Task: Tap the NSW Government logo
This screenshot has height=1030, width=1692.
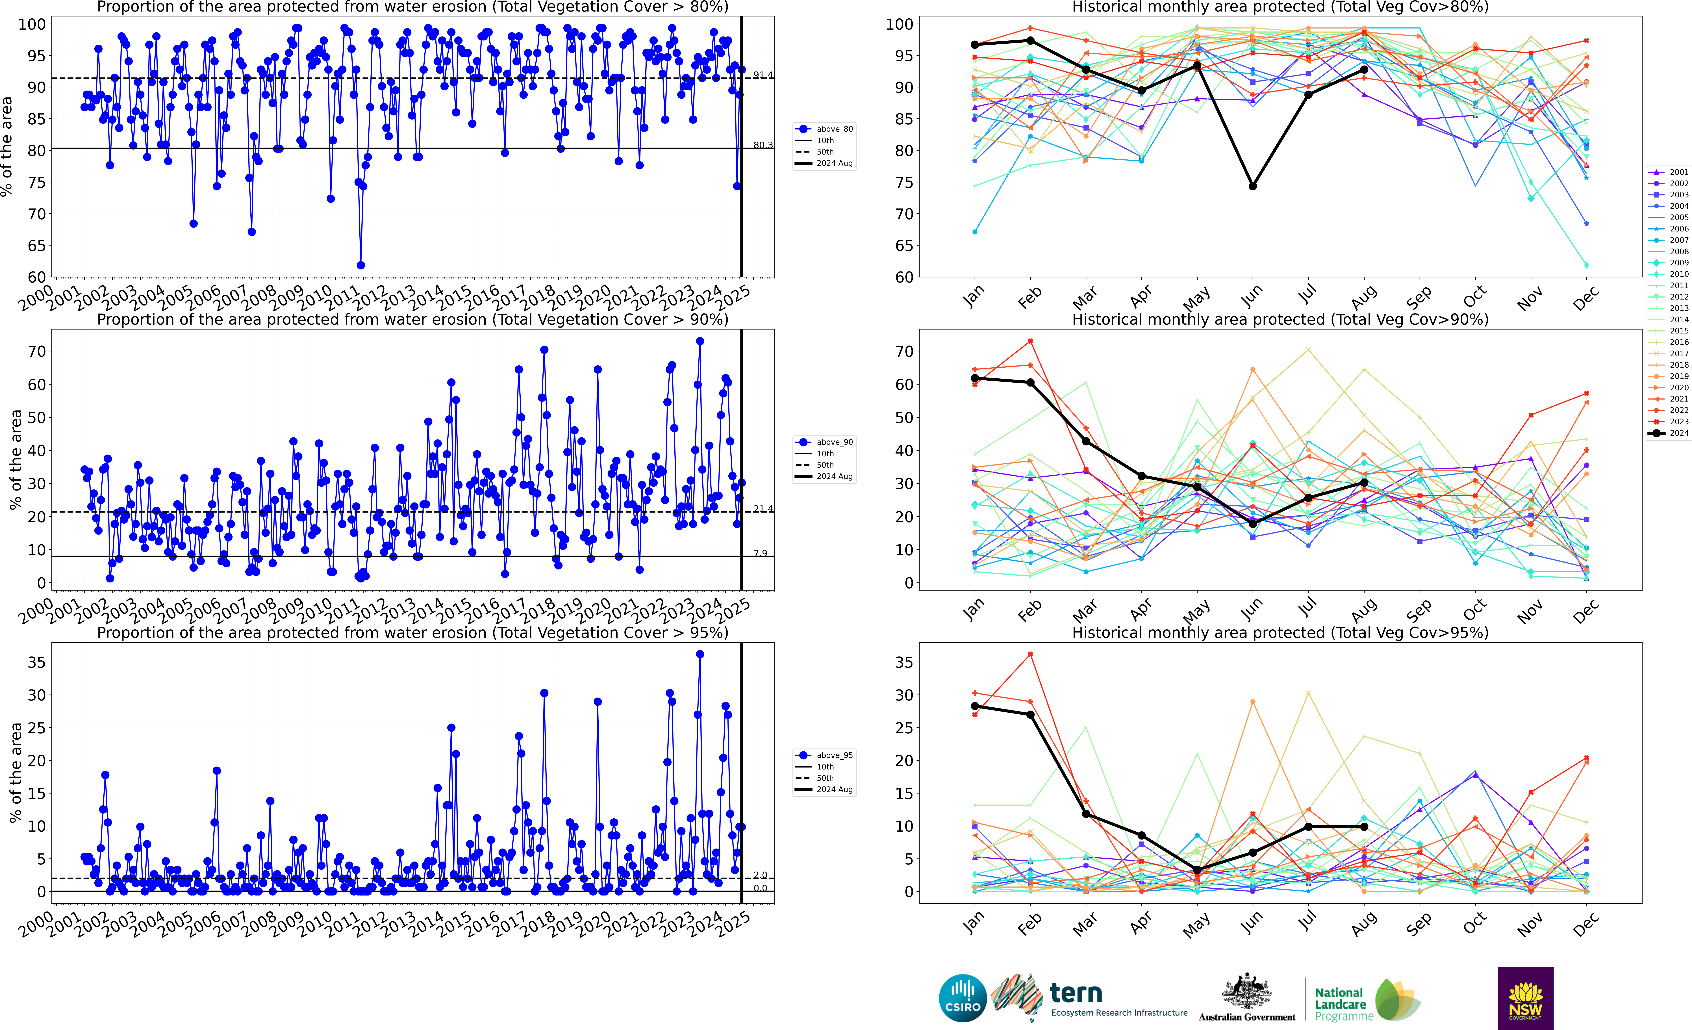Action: (1525, 998)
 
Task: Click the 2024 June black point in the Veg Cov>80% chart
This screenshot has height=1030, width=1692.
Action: (1252, 186)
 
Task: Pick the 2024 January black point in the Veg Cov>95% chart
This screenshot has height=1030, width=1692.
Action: (974, 706)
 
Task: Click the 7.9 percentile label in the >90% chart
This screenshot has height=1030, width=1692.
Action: (760, 553)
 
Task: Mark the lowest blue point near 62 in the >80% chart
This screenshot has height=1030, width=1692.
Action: (360, 265)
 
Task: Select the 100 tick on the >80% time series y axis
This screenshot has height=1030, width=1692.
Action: (32, 24)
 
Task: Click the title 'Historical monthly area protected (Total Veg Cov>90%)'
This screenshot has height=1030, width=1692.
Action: (1280, 319)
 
